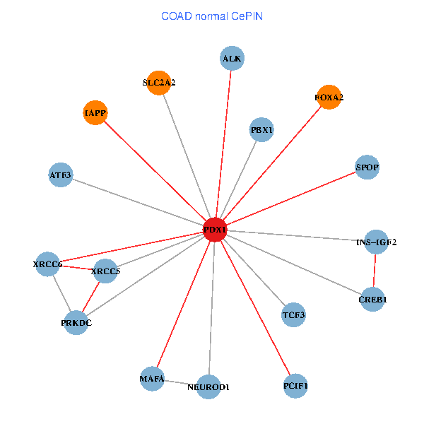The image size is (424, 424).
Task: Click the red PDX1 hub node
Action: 215,230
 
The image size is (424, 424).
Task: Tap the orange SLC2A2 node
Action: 159,83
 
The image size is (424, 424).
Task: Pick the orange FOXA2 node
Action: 329,98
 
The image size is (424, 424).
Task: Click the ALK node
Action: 232,59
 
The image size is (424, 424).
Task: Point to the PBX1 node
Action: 261,130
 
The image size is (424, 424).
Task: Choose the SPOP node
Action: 367,167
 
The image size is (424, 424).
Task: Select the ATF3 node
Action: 61,175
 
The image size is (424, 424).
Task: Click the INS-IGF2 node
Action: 376,242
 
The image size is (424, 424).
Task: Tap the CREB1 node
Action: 372,299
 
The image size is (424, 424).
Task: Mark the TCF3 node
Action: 293,314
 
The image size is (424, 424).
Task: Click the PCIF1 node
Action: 295,386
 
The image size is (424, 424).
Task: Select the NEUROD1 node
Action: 208,387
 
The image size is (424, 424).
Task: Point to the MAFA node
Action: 152,379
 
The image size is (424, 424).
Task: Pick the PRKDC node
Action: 76,323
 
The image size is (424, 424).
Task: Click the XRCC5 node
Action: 106,271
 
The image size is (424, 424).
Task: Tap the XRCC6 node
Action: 48,264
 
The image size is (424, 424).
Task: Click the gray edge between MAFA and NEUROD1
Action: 180,383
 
